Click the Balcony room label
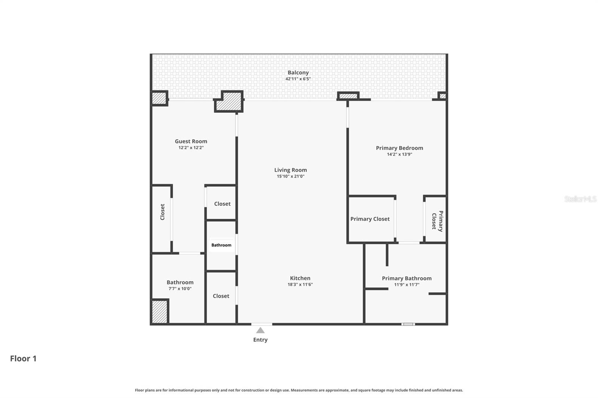click(x=298, y=72)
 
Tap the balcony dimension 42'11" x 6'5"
click(x=298, y=79)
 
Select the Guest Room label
click(x=191, y=141)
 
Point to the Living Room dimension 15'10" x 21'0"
click(x=290, y=176)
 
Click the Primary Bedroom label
click(x=399, y=148)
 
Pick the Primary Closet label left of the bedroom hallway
click(x=370, y=219)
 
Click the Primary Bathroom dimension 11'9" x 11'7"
click(x=407, y=284)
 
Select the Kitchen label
click(x=300, y=278)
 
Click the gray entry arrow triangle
click(x=261, y=330)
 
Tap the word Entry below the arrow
click(x=261, y=340)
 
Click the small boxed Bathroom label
click(x=221, y=245)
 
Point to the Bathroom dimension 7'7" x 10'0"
click(x=180, y=289)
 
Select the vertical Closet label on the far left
click(x=162, y=212)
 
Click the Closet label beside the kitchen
click(x=221, y=296)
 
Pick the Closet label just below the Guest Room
click(x=222, y=203)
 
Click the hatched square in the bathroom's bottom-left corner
click(x=160, y=311)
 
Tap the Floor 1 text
click(x=23, y=358)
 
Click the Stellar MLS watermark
click(x=580, y=199)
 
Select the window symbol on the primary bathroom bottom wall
click(x=408, y=324)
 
